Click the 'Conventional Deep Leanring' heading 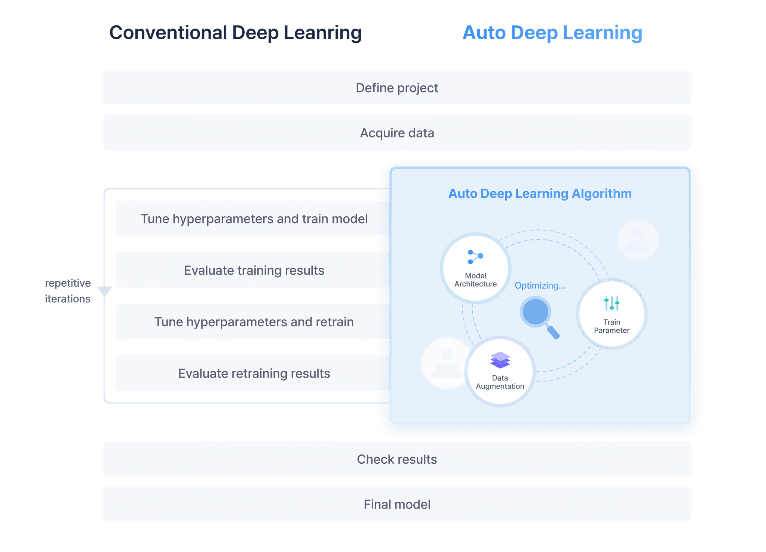tap(235, 33)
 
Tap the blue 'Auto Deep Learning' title tap(552, 33)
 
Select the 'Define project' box tap(397, 88)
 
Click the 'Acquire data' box tap(397, 133)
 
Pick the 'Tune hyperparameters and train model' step tap(254, 219)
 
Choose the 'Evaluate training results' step tap(254, 270)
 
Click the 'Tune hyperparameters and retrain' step tap(254, 322)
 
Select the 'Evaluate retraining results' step tap(254, 373)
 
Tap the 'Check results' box tap(397, 459)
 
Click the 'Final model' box tap(397, 504)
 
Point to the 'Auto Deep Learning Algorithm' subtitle tap(540, 193)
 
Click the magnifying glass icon tap(539, 315)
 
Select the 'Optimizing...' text tap(540, 286)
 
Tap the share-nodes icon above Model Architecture tap(475, 257)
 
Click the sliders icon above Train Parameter tap(612, 304)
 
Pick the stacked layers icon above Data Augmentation tap(500, 360)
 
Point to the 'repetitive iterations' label tap(68, 291)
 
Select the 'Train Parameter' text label tap(612, 326)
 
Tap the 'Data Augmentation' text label tap(500, 382)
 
